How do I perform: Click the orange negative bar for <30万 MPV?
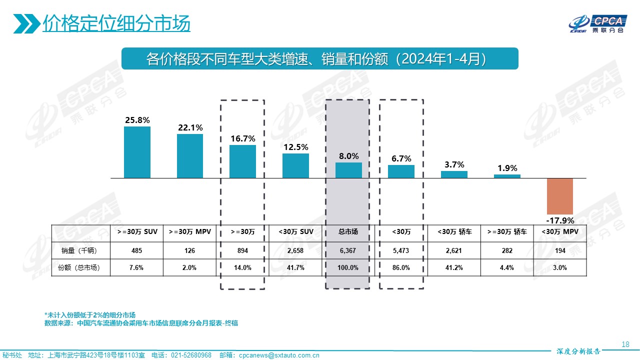559,196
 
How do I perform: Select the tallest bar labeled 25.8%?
137,152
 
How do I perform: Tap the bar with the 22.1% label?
190,156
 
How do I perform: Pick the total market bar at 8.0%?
348,170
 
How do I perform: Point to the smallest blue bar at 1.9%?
507,176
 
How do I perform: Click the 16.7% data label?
242,138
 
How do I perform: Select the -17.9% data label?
559,220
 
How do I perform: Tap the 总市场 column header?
348,232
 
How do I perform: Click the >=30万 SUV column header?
137,232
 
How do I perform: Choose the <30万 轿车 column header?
454,232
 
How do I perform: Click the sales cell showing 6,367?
348,250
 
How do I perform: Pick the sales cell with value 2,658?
295,250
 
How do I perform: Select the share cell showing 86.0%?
401,268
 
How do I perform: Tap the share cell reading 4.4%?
507,268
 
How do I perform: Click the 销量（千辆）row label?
80,250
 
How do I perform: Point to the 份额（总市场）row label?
80,268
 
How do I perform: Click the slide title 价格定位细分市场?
116,23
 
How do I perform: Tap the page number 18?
625,344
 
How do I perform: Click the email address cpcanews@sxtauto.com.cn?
279,355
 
